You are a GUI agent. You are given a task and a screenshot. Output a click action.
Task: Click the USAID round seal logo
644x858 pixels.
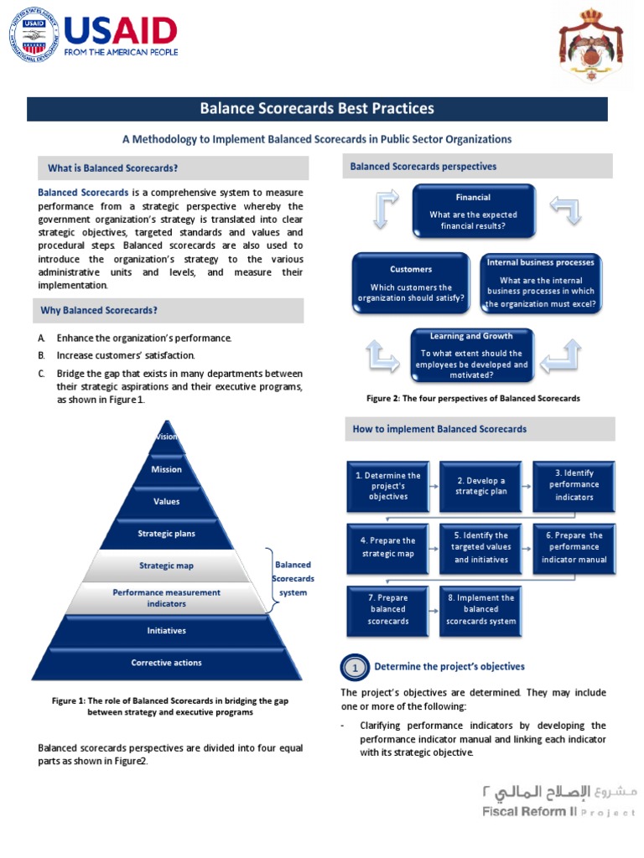[35, 35]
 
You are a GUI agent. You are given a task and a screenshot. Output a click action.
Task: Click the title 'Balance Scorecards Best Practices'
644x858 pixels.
[317, 109]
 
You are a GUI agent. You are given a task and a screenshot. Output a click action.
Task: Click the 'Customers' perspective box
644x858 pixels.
[411, 283]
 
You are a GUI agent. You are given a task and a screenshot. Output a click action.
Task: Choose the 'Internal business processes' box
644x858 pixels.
[541, 283]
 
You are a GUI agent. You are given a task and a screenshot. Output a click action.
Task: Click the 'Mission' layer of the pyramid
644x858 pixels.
[166, 470]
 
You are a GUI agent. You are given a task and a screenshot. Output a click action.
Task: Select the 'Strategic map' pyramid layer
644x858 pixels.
[166, 566]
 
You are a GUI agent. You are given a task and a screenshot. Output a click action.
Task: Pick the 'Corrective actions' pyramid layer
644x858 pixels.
[166, 663]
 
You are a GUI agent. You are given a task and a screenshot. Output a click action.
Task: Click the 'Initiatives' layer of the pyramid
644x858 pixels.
[166, 630]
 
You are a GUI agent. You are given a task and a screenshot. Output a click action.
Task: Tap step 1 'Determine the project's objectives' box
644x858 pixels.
[388, 486]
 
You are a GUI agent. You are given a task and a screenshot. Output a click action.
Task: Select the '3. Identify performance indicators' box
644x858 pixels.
[574, 485]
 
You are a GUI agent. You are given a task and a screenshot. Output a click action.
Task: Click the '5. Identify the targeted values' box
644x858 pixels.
[481, 547]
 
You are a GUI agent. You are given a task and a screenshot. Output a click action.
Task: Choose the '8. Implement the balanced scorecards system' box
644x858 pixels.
[481, 609]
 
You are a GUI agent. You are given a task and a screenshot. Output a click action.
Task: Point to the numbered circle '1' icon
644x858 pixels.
[355, 668]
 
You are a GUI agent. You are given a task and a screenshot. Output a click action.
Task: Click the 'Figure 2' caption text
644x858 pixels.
[473, 399]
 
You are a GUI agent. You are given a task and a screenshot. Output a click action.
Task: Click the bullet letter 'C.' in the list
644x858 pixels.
[41, 374]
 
